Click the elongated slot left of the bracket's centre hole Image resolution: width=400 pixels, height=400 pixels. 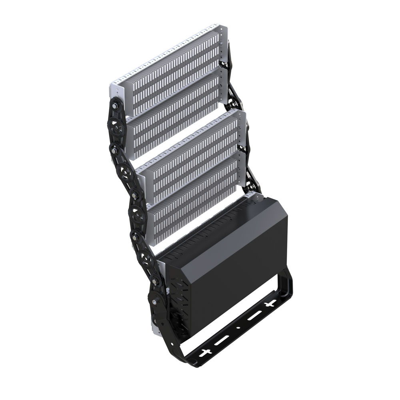[x=222, y=341]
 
